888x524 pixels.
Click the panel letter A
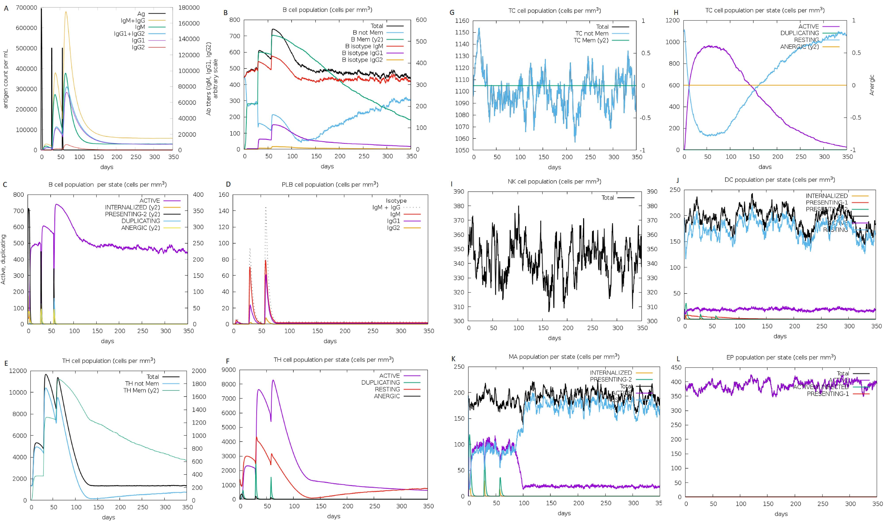(6, 8)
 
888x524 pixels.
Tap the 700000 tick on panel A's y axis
(27, 8)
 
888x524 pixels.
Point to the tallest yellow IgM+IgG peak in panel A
(66, 12)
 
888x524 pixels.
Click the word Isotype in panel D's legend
(396, 201)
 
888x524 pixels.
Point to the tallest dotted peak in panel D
(266, 207)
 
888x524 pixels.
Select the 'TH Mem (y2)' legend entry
(141, 390)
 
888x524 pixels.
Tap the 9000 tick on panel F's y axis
(229, 370)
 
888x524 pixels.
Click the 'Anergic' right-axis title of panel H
(871, 85)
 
